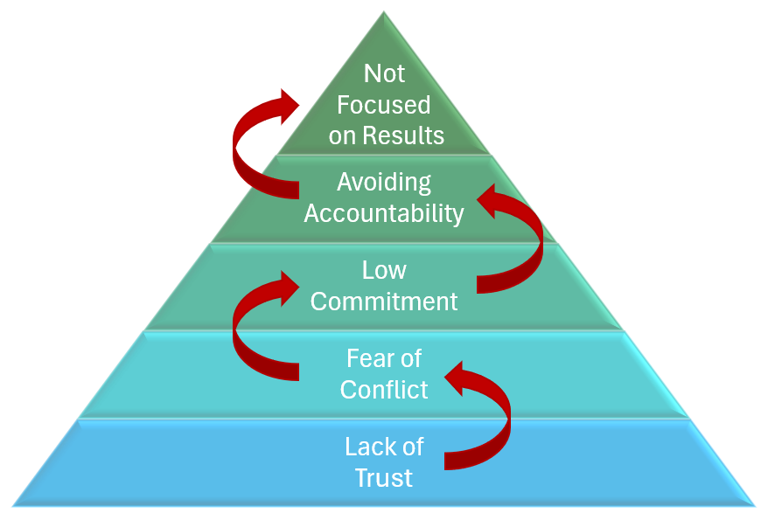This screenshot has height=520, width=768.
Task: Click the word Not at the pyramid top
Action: [x=384, y=73]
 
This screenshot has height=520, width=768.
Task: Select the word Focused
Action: [x=384, y=105]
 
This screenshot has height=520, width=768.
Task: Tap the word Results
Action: [x=403, y=136]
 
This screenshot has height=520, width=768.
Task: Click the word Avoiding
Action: [x=384, y=183]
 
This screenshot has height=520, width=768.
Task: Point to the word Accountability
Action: [x=384, y=213]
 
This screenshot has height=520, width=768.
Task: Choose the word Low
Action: [x=384, y=270]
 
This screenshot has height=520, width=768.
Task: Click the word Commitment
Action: [x=384, y=302]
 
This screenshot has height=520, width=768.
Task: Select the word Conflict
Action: [x=384, y=390]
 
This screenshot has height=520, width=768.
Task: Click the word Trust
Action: [x=384, y=478]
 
